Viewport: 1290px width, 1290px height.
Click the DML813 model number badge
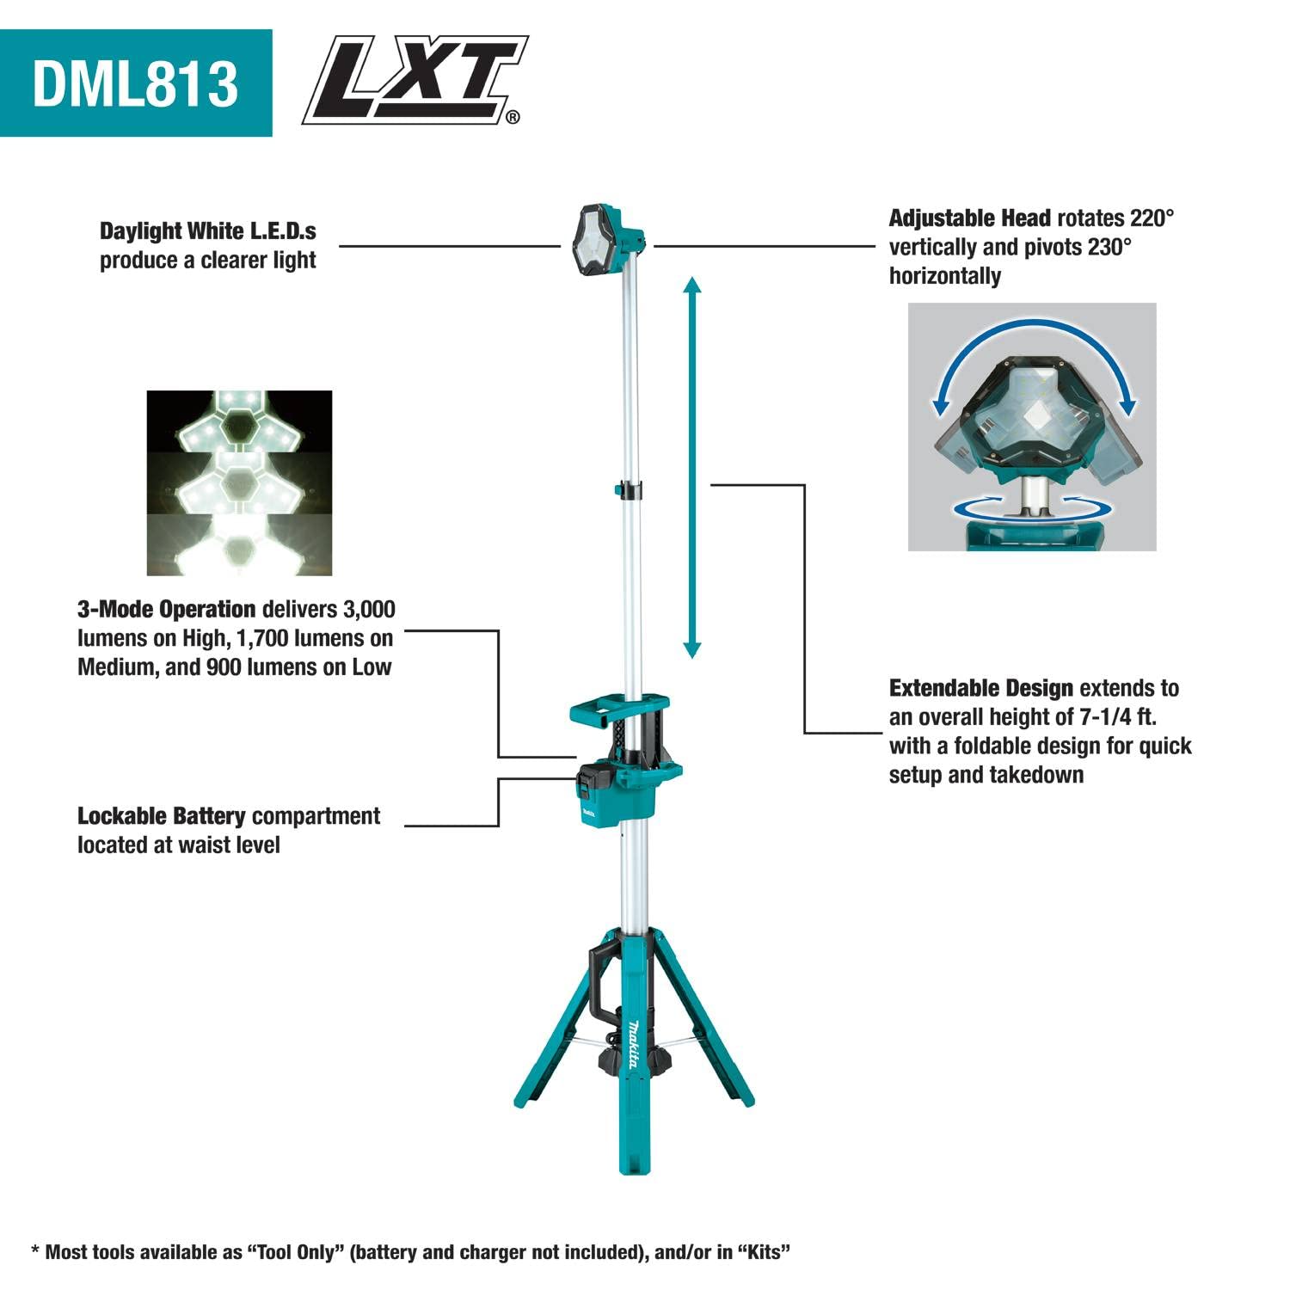click(136, 83)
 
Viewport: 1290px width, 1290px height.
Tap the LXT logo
click(415, 80)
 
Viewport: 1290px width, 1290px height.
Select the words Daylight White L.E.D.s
click(207, 231)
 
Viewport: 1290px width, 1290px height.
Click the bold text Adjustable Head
click(969, 218)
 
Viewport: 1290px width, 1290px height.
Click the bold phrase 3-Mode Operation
click(166, 610)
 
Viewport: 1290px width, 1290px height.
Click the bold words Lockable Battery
click(161, 816)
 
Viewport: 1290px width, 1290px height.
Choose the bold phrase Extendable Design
click(980, 689)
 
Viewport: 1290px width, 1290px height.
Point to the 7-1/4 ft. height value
click(1117, 717)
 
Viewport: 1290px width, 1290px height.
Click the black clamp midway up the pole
click(629, 489)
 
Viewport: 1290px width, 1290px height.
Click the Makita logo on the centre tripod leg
click(632, 1045)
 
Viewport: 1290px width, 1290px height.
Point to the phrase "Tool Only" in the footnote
click(297, 1252)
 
